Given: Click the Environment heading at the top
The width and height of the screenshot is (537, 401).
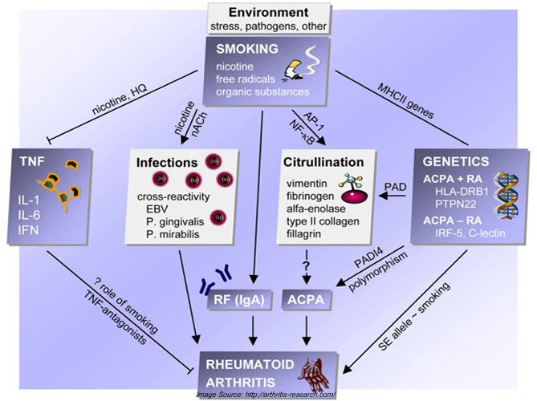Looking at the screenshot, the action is click(x=268, y=13).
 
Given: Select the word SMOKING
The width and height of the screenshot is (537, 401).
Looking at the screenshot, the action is click(x=247, y=49).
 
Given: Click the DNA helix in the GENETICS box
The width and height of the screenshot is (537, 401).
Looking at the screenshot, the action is click(x=506, y=195).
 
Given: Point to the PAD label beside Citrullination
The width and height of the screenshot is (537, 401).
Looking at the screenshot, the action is click(x=395, y=187).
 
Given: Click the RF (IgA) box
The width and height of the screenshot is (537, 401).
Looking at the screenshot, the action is click(x=239, y=300).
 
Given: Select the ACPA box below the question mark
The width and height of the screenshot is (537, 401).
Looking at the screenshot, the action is click(x=306, y=300).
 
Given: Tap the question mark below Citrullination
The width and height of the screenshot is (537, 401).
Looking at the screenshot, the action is click(x=306, y=265).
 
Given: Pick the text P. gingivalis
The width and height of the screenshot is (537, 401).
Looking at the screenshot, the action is click(x=175, y=222).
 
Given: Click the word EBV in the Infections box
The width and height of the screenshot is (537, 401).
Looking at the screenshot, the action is click(x=157, y=209).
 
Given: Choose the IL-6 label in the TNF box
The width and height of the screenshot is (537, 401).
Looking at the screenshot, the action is click(x=29, y=215).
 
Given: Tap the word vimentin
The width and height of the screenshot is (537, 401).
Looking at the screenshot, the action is click(x=307, y=184).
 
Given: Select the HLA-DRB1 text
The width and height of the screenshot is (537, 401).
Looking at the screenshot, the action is click(x=462, y=191).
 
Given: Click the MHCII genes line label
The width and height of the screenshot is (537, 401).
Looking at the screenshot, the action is click(x=406, y=100).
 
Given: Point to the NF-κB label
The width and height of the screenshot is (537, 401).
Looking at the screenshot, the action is click(x=302, y=132).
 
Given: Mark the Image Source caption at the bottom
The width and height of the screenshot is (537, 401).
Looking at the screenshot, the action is click(x=266, y=395).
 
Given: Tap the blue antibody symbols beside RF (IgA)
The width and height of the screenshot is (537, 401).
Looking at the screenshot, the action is click(x=216, y=280).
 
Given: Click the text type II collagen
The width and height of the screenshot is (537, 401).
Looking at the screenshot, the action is click(x=323, y=221).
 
